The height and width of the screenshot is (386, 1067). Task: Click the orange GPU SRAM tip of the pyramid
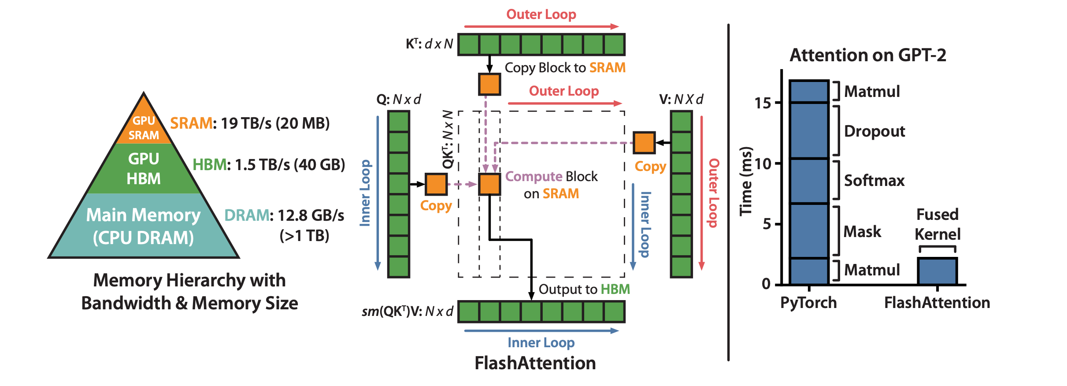coord(144,126)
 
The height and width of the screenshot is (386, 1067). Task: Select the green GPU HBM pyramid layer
coord(144,169)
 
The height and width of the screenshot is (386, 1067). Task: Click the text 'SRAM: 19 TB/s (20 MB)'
coord(250,123)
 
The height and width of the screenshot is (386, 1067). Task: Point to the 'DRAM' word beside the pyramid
coord(246,215)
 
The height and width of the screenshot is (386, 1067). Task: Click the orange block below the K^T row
coord(489,84)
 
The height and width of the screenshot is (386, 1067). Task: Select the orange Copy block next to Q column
coord(436,184)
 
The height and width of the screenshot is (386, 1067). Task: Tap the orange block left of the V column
coord(644,143)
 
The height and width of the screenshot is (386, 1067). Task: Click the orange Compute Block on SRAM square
coord(489,184)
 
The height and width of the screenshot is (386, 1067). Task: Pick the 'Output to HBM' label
coord(584,289)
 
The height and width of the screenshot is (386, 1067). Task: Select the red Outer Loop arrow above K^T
coord(541,26)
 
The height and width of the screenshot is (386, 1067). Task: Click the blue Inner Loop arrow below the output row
coord(541,331)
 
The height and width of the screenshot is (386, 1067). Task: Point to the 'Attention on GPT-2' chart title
coord(867,56)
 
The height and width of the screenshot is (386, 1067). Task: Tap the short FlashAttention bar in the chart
coord(937,271)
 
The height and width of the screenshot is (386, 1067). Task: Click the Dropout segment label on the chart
coord(874,131)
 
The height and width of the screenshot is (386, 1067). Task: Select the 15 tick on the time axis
coord(763,103)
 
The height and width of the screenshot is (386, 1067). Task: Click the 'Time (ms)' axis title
coord(746,181)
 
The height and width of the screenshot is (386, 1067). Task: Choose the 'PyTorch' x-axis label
coord(808,303)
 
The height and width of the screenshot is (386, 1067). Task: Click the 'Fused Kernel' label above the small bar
coord(937,224)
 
